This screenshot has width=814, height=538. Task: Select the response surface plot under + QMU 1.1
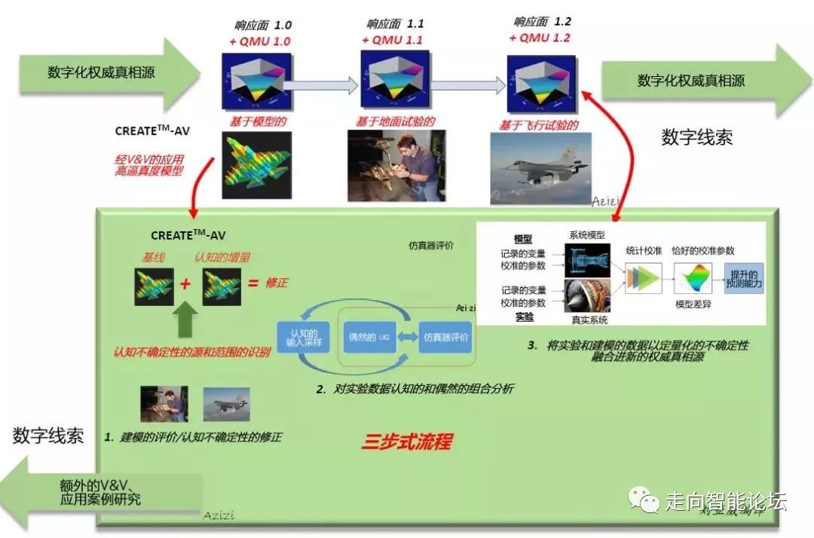pyautogui.click(x=394, y=81)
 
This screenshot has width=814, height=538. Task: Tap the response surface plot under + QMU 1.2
pyautogui.click(x=540, y=81)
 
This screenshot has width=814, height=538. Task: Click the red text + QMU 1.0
pyautogui.click(x=256, y=42)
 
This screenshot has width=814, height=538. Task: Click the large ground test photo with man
pyautogui.click(x=393, y=165)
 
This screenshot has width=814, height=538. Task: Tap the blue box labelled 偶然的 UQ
pyautogui.click(x=369, y=337)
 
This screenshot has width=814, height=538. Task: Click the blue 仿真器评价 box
pyautogui.click(x=445, y=337)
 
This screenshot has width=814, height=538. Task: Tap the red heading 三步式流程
pyautogui.click(x=406, y=441)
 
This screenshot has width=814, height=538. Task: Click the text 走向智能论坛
pyautogui.click(x=725, y=500)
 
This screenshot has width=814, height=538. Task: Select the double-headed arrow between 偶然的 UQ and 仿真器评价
pyautogui.click(x=407, y=337)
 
